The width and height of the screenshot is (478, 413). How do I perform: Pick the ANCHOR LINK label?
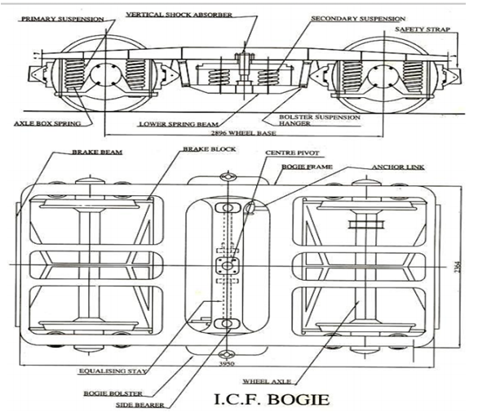(x=395, y=168)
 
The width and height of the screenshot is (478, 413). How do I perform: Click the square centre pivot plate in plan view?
(x=226, y=267)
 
